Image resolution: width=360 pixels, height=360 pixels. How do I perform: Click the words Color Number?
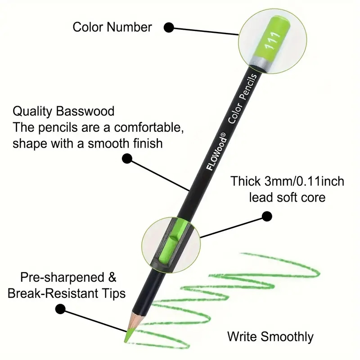pyautogui.click(x=112, y=27)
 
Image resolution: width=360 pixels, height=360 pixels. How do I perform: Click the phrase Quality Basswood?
pyautogui.click(x=63, y=111)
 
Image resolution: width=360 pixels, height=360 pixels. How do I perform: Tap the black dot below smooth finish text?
pyautogui.click(x=127, y=158)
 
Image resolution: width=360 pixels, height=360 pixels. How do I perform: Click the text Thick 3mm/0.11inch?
pyautogui.click(x=288, y=182)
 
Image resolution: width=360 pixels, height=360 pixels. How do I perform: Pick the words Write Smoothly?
pyautogui.click(x=270, y=336)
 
